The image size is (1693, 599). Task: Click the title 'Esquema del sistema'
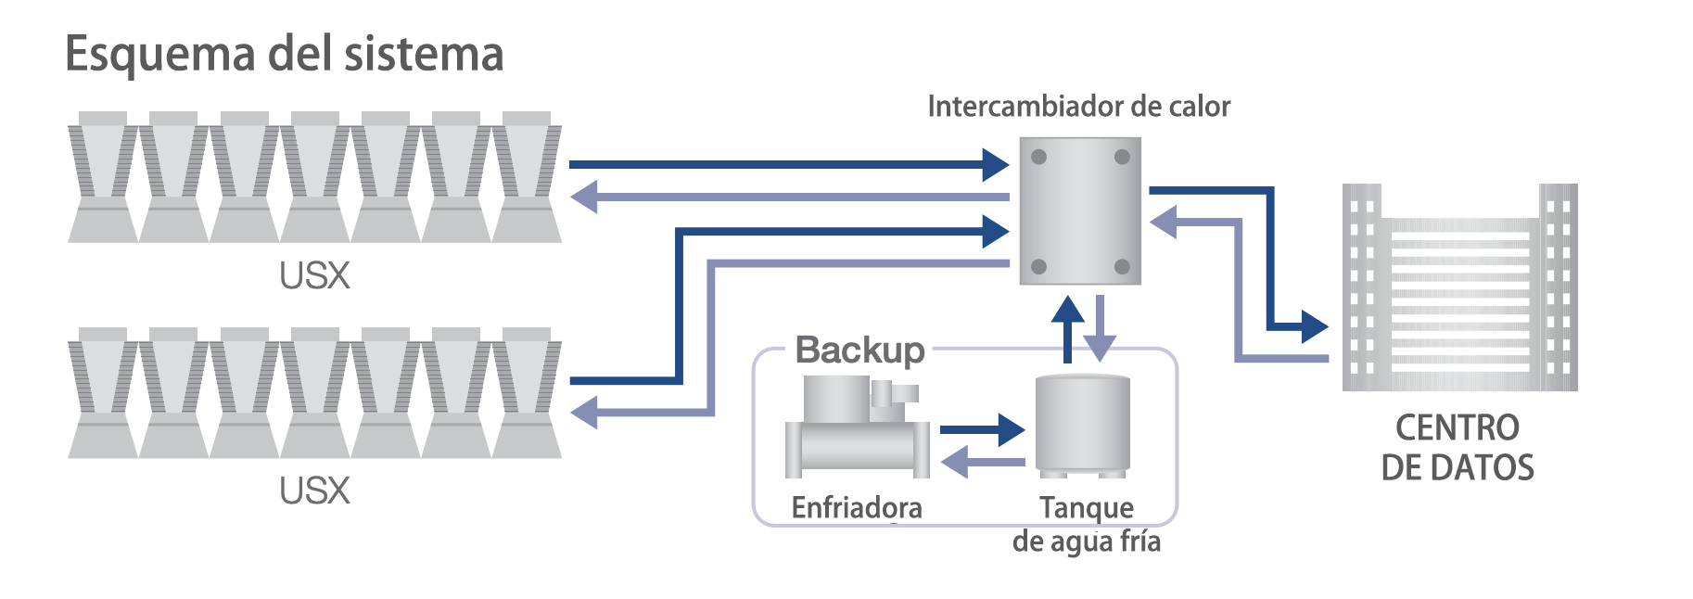click(285, 54)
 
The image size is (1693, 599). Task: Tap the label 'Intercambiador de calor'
click(1079, 107)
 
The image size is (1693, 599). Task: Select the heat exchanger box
click(1080, 211)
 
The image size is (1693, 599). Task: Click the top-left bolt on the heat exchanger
click(1039, 157)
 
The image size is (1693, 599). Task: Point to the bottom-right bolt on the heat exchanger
click(1122, 267)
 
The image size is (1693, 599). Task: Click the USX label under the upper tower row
click(315, 275)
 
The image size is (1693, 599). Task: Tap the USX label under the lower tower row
click(315, 491)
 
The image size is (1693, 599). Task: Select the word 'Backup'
click(860, 350)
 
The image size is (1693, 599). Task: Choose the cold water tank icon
click(1082, 425)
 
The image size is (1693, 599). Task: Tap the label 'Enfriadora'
click(857, 507)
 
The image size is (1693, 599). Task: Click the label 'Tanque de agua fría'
click(1087, 525)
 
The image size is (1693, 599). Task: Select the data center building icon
click(1459, 287)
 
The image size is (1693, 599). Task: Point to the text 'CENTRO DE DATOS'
click(1458, 448)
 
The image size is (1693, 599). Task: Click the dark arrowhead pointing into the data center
click(1315, 326)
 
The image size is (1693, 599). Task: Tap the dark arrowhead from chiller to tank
click(1011, 429)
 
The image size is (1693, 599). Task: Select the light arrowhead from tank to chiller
click(955, 462)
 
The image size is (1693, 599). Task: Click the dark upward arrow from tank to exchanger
click(1068, 329)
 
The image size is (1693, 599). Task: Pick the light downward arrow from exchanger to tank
click(1100, 329)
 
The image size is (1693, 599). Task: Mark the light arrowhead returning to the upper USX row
click(583, 197)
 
